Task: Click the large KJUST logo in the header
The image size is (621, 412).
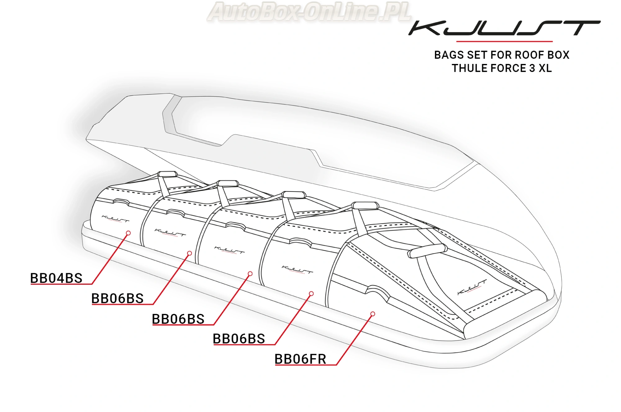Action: point(504,28)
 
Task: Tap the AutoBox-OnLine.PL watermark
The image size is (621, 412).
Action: point(309,12)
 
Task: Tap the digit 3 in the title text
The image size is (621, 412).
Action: point(532,68)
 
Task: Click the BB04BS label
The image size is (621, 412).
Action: point(56,278)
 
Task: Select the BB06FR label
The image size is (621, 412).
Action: point(300,359)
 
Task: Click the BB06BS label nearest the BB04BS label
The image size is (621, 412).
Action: point(117,299)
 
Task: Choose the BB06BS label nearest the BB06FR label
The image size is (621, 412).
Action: point(239,339)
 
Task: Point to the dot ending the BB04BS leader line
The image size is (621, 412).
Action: point(128,233)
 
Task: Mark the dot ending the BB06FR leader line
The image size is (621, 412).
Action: point(373,314)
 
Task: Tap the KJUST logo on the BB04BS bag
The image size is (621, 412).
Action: point(116,219)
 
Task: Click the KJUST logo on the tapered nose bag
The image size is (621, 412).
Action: point(472,287)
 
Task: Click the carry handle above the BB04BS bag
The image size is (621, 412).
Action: point(167,174)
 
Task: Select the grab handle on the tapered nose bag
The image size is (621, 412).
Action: point(427,251)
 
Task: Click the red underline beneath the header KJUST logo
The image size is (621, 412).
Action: point(504,41)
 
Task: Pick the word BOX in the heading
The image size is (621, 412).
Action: point(559,55)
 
